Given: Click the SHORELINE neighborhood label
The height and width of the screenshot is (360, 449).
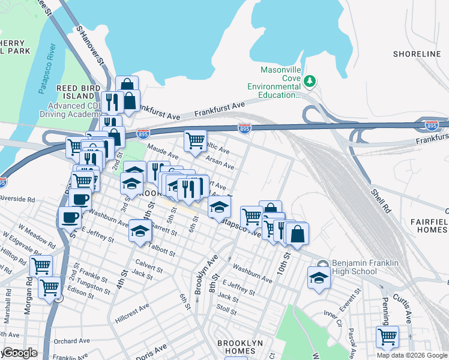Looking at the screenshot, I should pyautogui.click(x=417, y=54).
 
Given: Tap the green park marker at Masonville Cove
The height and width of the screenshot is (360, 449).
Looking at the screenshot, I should pyautogui.click(x=310, y=80).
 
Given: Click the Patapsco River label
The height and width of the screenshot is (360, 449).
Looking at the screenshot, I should pyautogui.click(x=46, y=68).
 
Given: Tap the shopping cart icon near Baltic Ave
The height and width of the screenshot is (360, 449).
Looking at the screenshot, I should pyautogui.click(x=194, y=141).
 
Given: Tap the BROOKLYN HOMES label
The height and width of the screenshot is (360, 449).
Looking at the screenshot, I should pyautogui.click(x=240, y=347).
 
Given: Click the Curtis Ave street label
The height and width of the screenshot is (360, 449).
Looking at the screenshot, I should pyautogui.click(x=399, y=308).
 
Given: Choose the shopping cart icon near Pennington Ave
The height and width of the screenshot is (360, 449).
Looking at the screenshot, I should pyautogui.click(x=387, y=336).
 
